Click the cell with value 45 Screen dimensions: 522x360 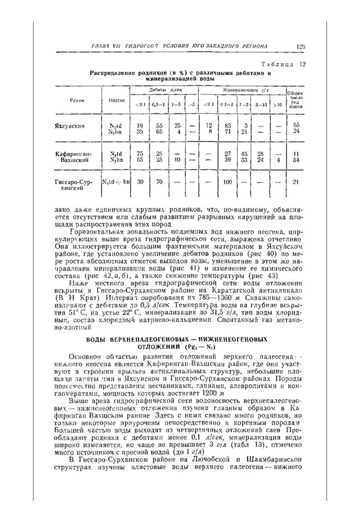[x=245, y=153]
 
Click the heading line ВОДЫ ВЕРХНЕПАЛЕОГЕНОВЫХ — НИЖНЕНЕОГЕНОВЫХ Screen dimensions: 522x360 [x=181, y=338]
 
